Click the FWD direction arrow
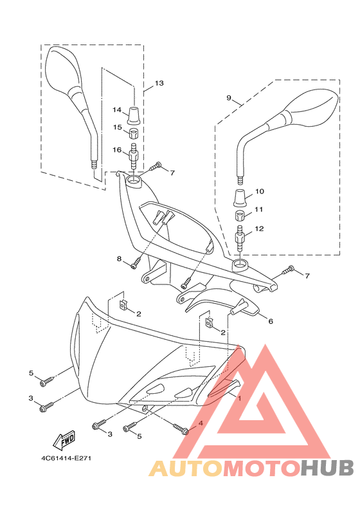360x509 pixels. pyautogui.click(x=64, y=440)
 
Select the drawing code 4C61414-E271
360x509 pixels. pyautogui.click(x=66, y=458)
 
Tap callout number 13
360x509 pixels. pyautogui.click(x=159, y=84)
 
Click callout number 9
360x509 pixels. pyautogui.click(x=229, y=98)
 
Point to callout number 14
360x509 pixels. pyautogui.click(x=117, y=110)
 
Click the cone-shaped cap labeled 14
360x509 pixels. pyautogui.click(x=134, y=115)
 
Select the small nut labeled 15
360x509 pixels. pyautogui.click(x=134, y=133)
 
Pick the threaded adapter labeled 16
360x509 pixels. pyautogui.click(x=134, y=156)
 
